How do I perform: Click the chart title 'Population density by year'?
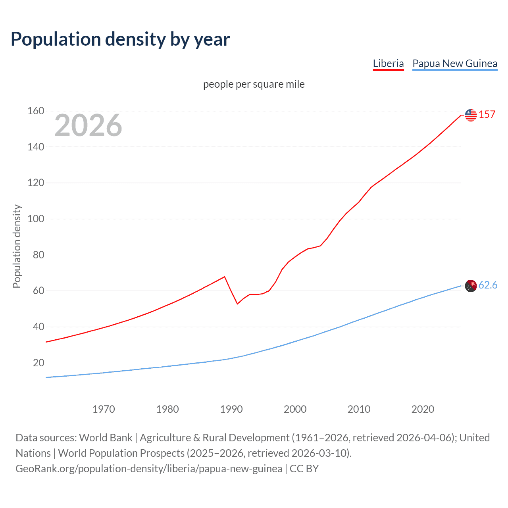click(x=120, y=39)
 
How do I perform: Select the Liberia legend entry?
click(x=388, y=63)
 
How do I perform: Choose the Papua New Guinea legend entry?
click(x=455, y=63)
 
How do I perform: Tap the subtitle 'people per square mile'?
click(x=254, y=84)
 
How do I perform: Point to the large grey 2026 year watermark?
click(x=88, y=125)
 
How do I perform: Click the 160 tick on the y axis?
click(x=36, y=111)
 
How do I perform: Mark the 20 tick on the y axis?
click(x=38, y=363)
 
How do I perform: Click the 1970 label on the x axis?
click(x=104, y=409)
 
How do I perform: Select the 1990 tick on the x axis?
click(x=231, y=409)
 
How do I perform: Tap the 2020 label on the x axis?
click(x=423, y=409)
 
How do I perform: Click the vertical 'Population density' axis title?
click(x=17, y=246)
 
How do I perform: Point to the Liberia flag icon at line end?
click(x=471, y=115)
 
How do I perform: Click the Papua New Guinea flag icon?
click(x=471, y=286)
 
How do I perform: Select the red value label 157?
click(x=487, y=115)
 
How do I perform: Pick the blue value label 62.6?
click(x=488, y=285)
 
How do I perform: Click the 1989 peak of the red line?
click(x=225, y=277)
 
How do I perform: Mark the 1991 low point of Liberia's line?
click(x=237, y=304)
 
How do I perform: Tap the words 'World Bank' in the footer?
click(x=106, y=438)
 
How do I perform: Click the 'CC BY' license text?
click(x=304, y=469)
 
